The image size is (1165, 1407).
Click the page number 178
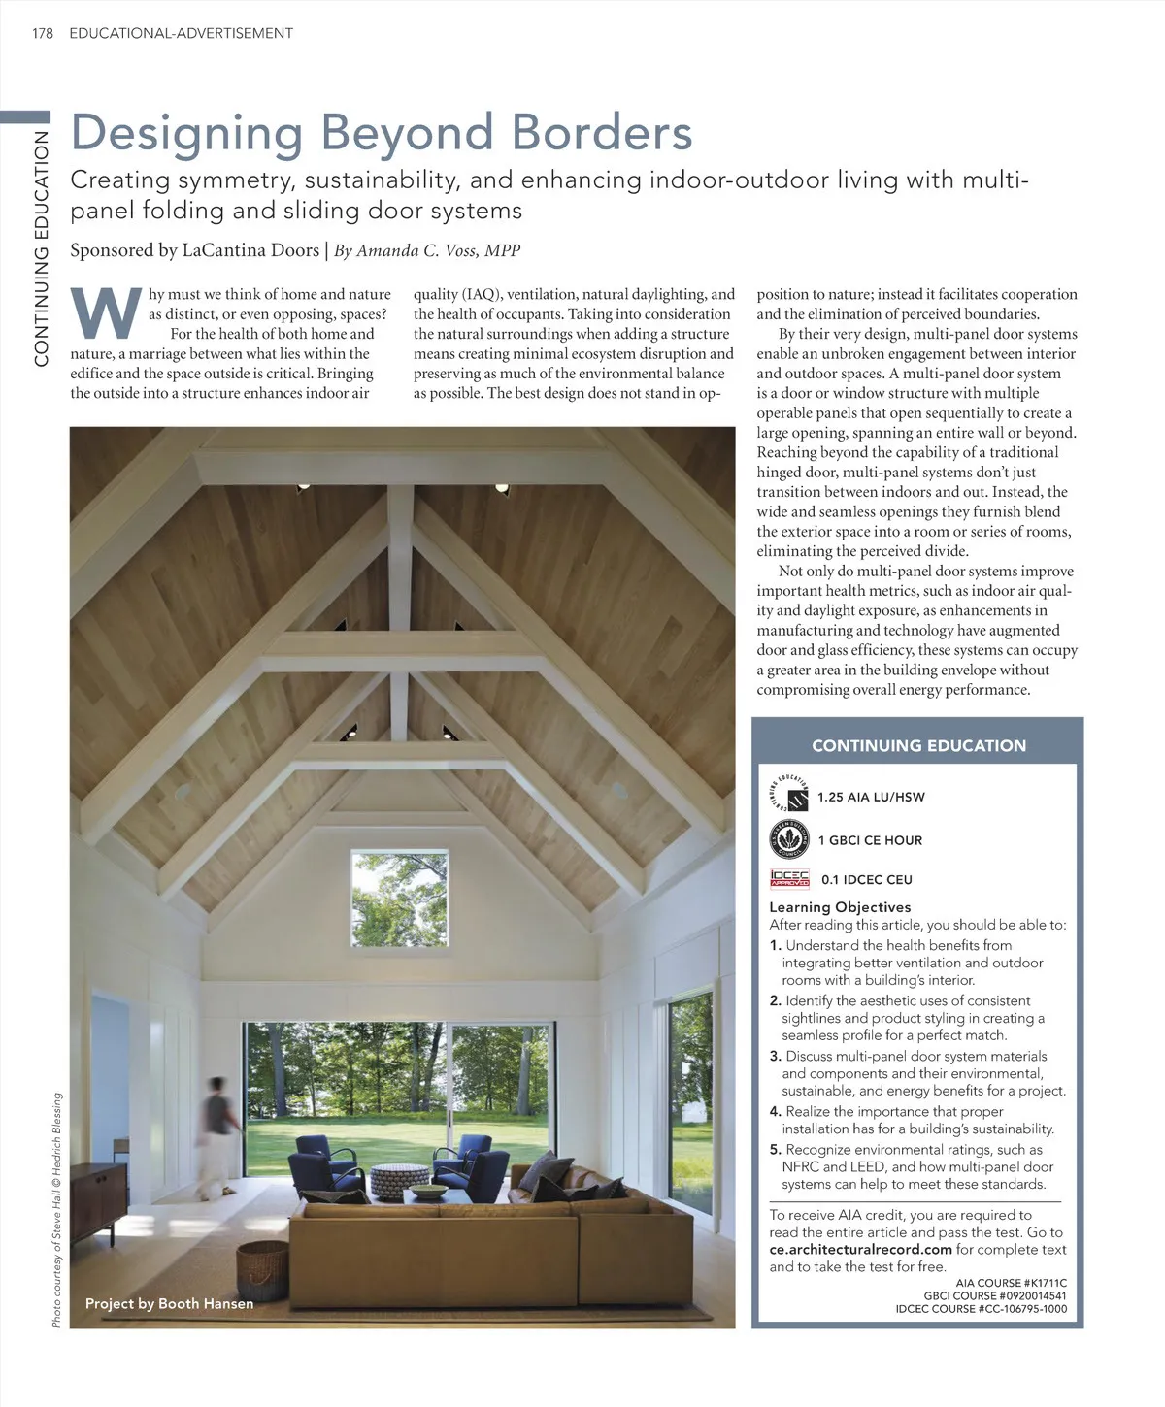click(x=42, y=33)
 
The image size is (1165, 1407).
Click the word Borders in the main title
click(x=602, y=133)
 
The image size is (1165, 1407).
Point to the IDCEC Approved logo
click(x=789, y=879)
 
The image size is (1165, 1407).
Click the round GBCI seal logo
click(x=788, y=838)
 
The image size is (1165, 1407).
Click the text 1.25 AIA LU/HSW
click(x=871, y=798)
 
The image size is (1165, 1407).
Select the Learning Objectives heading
click(x=840, y=907)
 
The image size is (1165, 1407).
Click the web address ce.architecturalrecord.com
click(x=860, y=1250)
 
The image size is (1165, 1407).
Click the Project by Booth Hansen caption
click(x=169, y=1303)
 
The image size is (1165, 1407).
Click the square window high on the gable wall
click(x=399, y=898)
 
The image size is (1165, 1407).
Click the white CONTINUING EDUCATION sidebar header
click(x=918, y=745)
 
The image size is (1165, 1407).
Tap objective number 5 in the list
click(x=775, y=1150)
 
